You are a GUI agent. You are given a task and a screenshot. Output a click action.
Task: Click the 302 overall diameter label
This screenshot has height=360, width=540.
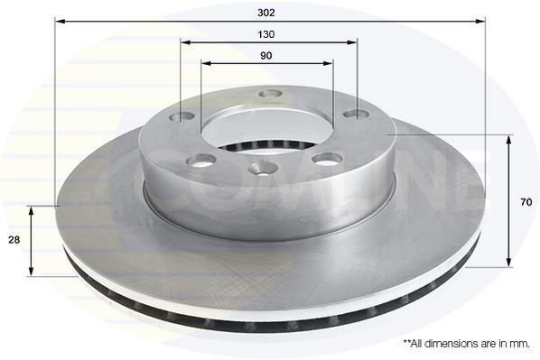click(x=266, y=13)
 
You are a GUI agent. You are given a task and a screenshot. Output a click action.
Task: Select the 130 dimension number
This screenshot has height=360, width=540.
click(x=266, y=34)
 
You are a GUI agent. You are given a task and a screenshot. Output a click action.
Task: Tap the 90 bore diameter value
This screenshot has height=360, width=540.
click(x=265, y=55)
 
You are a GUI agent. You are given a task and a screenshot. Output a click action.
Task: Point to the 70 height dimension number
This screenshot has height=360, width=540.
click(x=526, y=202)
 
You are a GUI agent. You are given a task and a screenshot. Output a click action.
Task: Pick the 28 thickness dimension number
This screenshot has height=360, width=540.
click(x=14, y=239)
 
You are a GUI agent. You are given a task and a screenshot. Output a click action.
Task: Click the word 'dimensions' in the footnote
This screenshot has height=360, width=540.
click(x=451, y=344)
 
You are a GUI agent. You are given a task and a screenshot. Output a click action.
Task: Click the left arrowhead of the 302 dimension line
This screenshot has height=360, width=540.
click(x=60, y=22)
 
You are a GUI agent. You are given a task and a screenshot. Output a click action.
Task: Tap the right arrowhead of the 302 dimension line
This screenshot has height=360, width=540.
click(x=480, y=22)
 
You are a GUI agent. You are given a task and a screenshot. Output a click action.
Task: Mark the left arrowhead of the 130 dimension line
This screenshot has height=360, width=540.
click(x=186, y=42)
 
